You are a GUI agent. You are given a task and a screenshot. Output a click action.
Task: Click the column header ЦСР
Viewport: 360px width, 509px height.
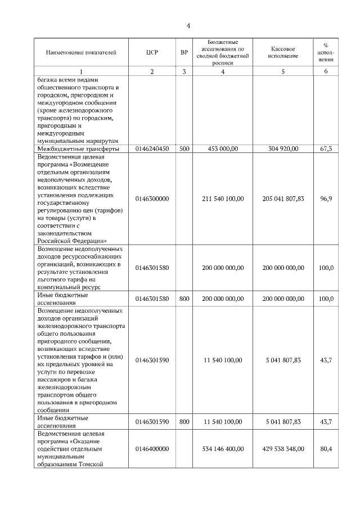(x=152, y=52)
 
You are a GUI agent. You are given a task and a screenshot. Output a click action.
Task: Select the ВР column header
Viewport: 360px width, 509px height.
(x=184, y=52)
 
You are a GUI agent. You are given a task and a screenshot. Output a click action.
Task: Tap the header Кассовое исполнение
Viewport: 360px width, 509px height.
(x=283, y=52)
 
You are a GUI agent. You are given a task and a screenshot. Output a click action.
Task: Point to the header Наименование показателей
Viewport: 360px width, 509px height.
(x=81, y=52)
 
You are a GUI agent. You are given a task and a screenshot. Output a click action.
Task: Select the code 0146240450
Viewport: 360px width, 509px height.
(x=152, y=148)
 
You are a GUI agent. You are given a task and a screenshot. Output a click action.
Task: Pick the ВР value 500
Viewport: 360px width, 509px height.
(x=184, y=148)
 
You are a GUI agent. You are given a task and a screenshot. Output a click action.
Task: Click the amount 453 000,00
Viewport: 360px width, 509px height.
(x=223, y=148)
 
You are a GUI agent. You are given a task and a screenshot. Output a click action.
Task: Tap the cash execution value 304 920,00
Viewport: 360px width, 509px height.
(x=283, y=148)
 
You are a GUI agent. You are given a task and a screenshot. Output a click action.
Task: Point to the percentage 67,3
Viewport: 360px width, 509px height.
(x=326, y=148)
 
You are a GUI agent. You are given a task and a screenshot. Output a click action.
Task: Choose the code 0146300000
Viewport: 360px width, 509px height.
(x=152, y=199)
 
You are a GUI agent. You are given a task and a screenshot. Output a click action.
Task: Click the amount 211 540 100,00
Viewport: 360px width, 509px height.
(x=223, y=199)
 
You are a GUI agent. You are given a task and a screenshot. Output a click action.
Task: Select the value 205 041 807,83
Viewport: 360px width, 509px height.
(x=283, y=199)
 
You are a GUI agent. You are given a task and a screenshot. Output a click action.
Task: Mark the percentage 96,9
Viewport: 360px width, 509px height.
(x=326, y=199)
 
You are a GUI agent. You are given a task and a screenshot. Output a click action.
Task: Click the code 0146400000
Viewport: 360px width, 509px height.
(x=152, y=449)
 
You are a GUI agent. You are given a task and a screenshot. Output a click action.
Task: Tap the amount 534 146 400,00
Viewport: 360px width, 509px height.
(x=223, y=449)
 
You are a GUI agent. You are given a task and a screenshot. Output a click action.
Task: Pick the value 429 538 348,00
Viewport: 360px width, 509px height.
(x=283, y=449)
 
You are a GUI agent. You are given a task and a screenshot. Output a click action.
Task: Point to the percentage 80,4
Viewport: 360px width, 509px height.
(x=326, y=449)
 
